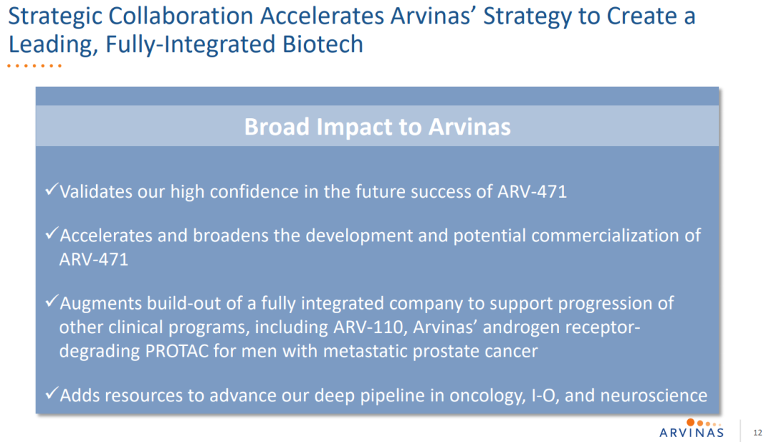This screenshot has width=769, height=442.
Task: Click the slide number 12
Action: point(758,433)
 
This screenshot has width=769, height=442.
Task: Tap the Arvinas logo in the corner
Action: point(691,428)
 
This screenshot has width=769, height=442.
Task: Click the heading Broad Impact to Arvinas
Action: point(377,127)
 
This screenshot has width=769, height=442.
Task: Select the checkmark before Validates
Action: point(51,189)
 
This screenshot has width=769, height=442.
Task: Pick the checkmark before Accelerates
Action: point(51,233)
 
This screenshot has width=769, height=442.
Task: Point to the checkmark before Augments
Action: point(51,301)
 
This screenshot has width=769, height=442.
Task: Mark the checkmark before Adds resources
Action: point(51,393)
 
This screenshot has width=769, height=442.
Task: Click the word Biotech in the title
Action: point(323,44)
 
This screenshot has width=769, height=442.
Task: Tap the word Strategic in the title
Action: point(54,17)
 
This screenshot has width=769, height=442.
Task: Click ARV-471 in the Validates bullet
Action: point(532,191)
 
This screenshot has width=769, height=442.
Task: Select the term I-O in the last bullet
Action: point(544,396)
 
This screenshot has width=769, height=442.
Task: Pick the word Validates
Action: point(95,191)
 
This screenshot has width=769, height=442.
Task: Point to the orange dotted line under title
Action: point(34,65)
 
